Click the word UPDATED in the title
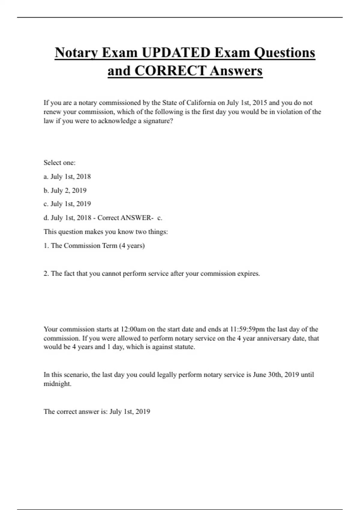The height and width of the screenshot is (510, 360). coord(176,53)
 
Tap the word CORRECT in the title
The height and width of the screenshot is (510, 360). coord(170,71)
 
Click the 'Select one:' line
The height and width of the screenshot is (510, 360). coord(59,163)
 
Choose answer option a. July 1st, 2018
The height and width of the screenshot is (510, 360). coord(67,177)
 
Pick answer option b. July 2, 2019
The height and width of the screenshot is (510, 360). coord(65,190)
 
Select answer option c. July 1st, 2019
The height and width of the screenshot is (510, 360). coord(67,204)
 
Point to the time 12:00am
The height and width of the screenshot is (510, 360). coord(133,329)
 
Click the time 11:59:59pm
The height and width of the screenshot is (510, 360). coord(247,329)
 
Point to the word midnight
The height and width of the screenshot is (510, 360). coord(57,384)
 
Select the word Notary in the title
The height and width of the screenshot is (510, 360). coord(76,53)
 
